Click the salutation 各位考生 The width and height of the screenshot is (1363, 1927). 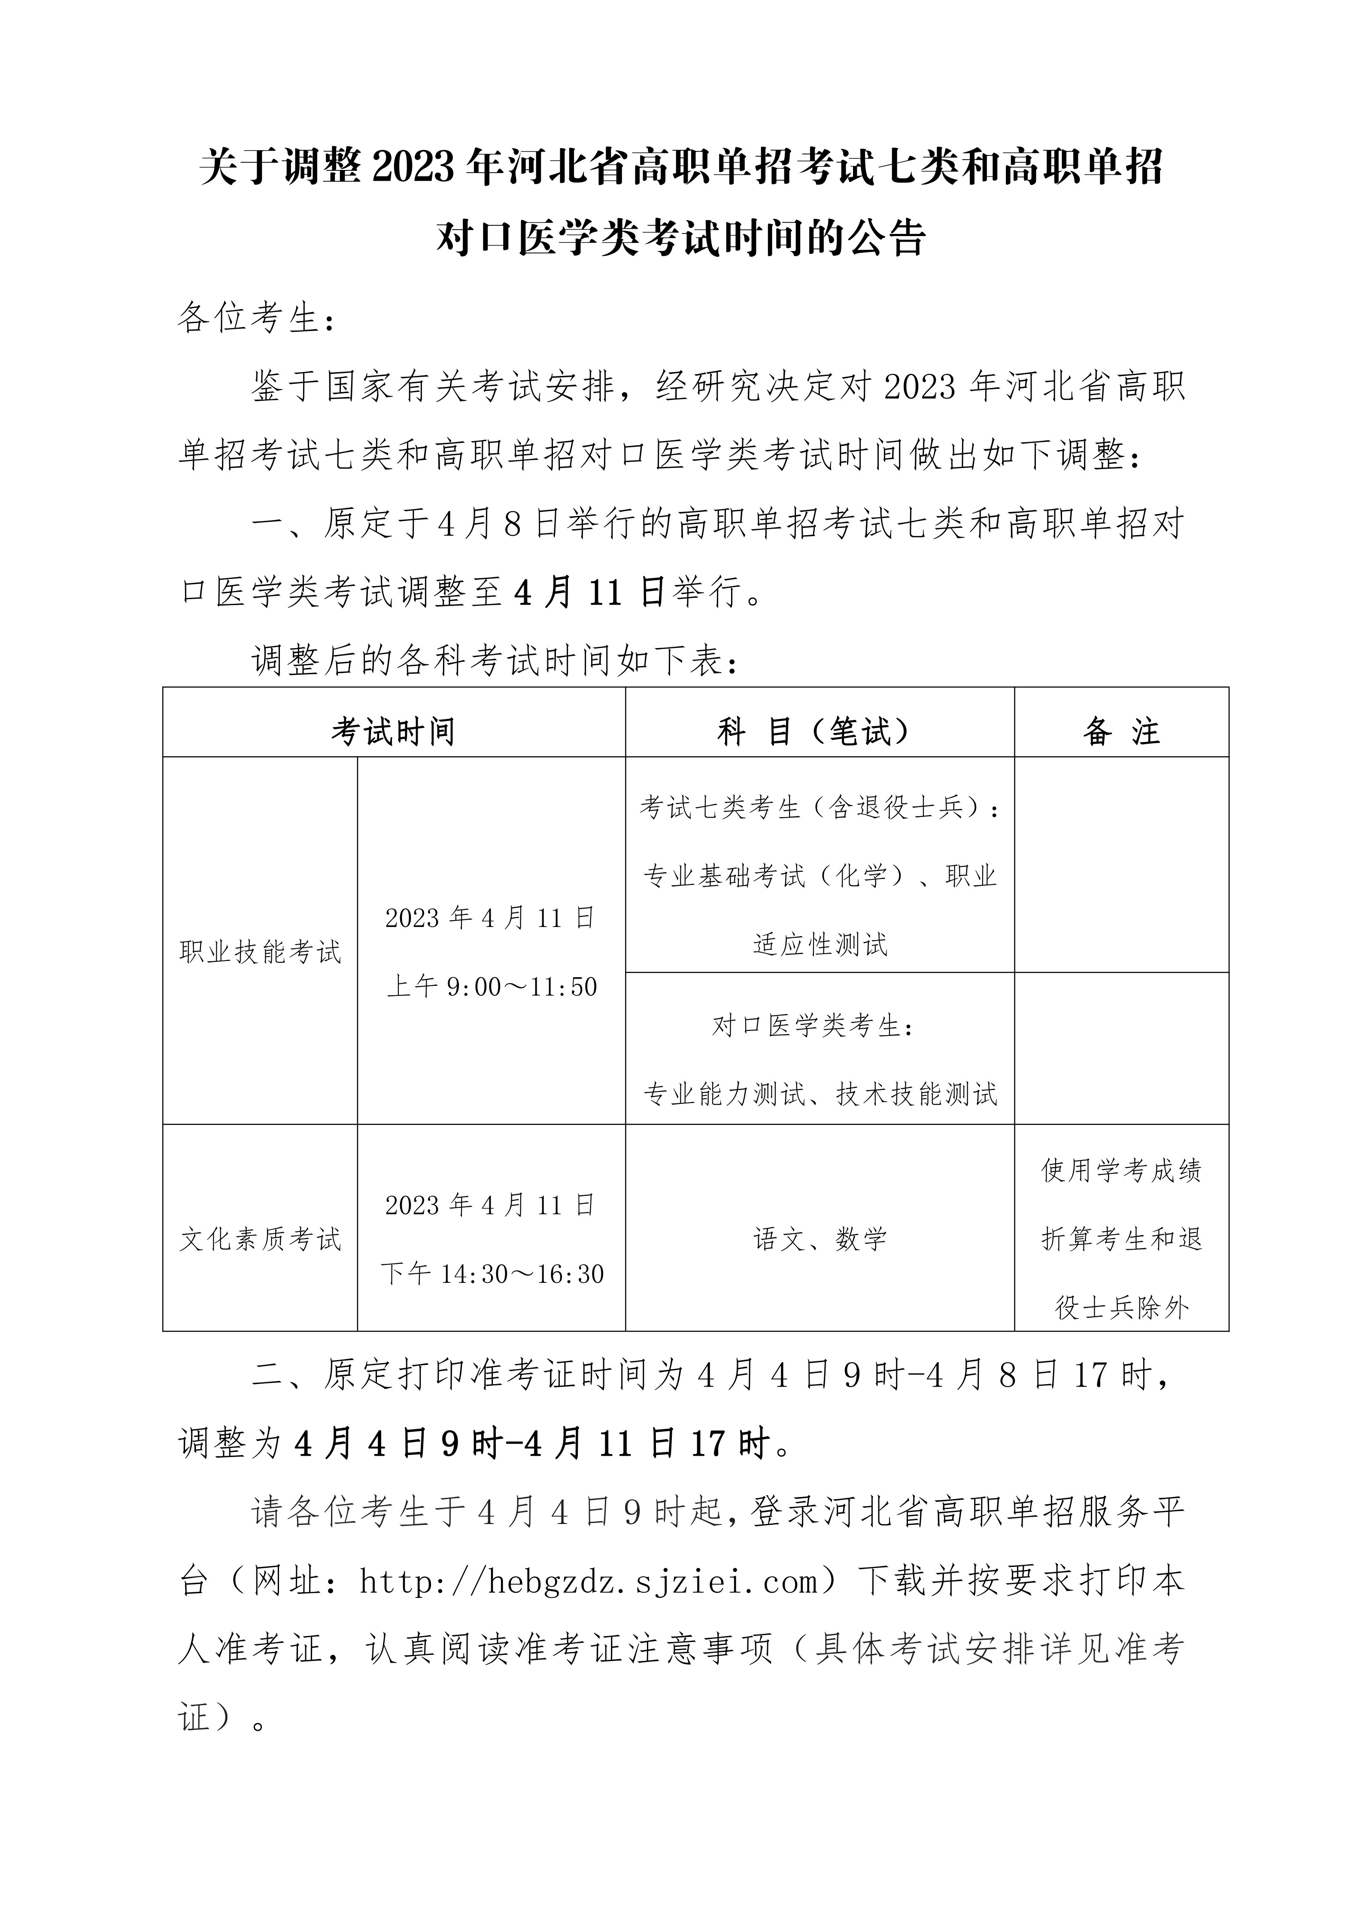249,319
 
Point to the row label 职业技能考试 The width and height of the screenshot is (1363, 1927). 260,952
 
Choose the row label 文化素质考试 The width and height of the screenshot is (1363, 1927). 260,1239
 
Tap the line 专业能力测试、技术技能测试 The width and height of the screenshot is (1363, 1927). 820,1094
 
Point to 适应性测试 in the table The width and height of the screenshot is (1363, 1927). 820,944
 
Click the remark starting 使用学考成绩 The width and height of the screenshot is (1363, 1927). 1121,1170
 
